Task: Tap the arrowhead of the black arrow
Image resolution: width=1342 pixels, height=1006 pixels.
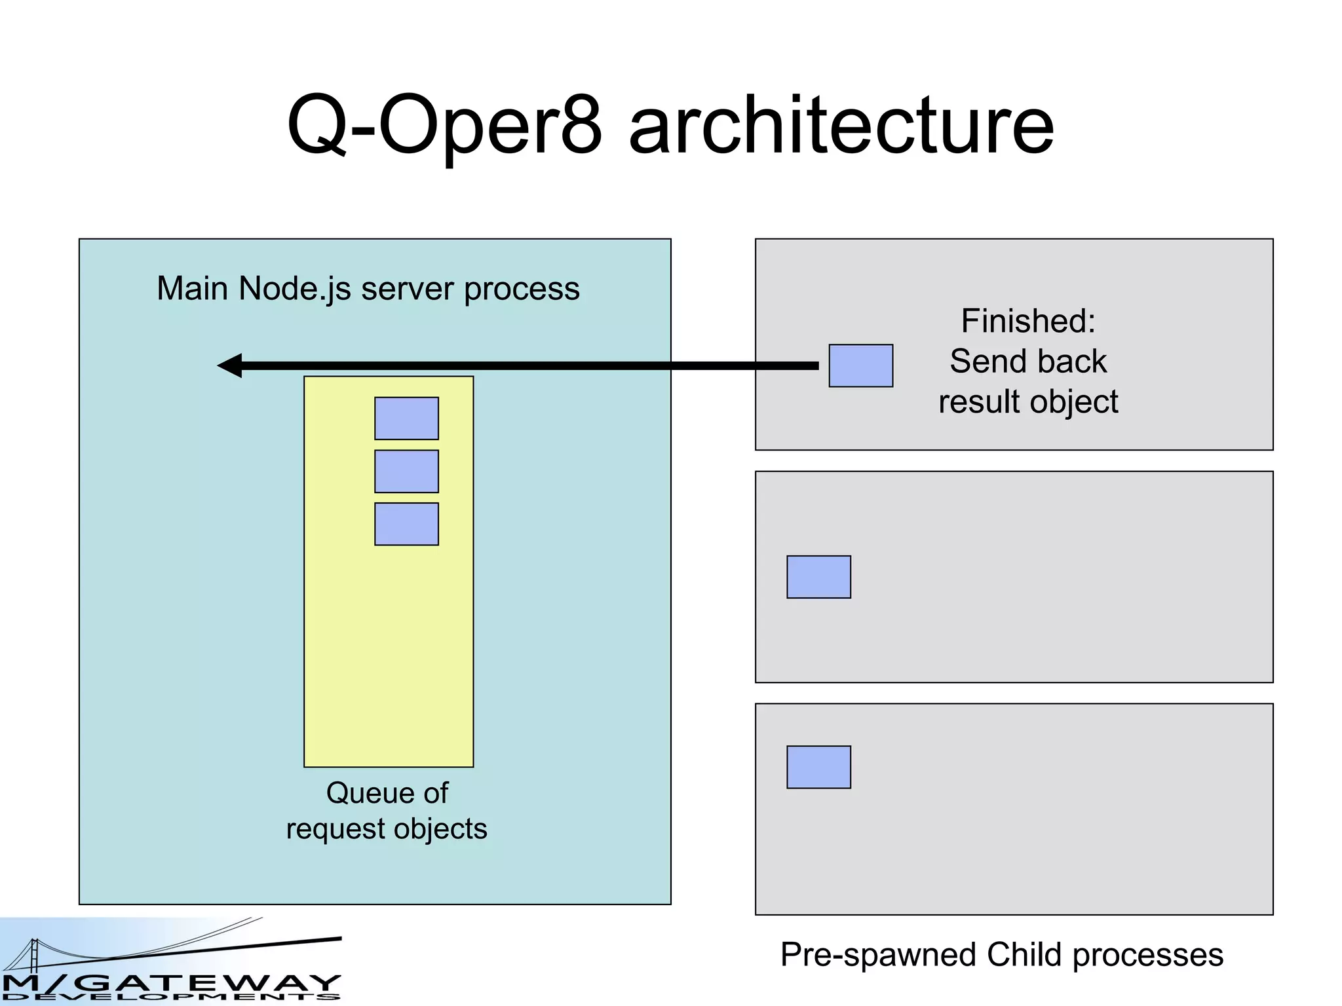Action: [230, 365]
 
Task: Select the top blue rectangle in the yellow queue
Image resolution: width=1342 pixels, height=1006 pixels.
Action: [406, 418]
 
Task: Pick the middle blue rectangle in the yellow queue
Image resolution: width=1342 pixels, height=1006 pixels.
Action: [406, 471]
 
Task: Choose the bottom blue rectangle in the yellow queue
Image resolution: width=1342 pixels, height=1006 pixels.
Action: [406, 524]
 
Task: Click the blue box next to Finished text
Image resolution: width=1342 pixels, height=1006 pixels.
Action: [860, 365]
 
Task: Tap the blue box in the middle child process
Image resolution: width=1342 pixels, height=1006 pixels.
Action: [818, 577]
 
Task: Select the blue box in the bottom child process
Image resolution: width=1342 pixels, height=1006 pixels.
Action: [818, 767]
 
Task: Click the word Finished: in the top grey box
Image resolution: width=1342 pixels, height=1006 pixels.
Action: [1027, 321]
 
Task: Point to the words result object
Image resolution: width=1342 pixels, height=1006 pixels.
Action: [1027, 401]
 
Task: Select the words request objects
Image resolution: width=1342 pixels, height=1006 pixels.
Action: [387, 829]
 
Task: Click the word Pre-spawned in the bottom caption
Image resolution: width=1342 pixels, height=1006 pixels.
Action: [879, 955]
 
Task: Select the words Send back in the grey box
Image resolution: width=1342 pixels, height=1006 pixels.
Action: [1027, 362]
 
